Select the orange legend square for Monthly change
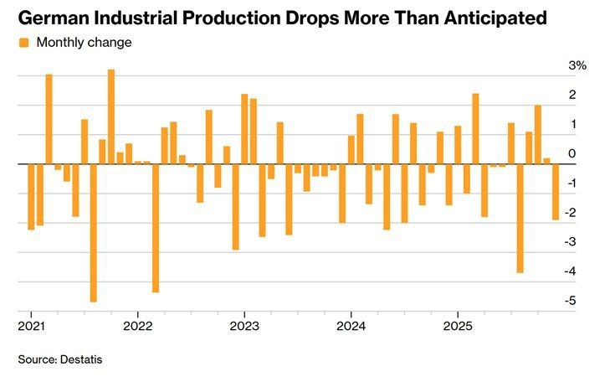coord(23,43)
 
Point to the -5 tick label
coord(571,302)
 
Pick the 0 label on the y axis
coord(571,154)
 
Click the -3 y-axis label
coord(571,242)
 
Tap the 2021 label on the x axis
coord(31,325)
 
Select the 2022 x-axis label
coord(137,325)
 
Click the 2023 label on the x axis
coord(243,325)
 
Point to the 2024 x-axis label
coord(351,325)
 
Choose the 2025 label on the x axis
coord(457,325)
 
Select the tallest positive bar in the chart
coord(111,116)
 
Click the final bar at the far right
coord(556,192)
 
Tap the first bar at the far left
coord(31,197)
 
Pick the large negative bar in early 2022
coord(156,228)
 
